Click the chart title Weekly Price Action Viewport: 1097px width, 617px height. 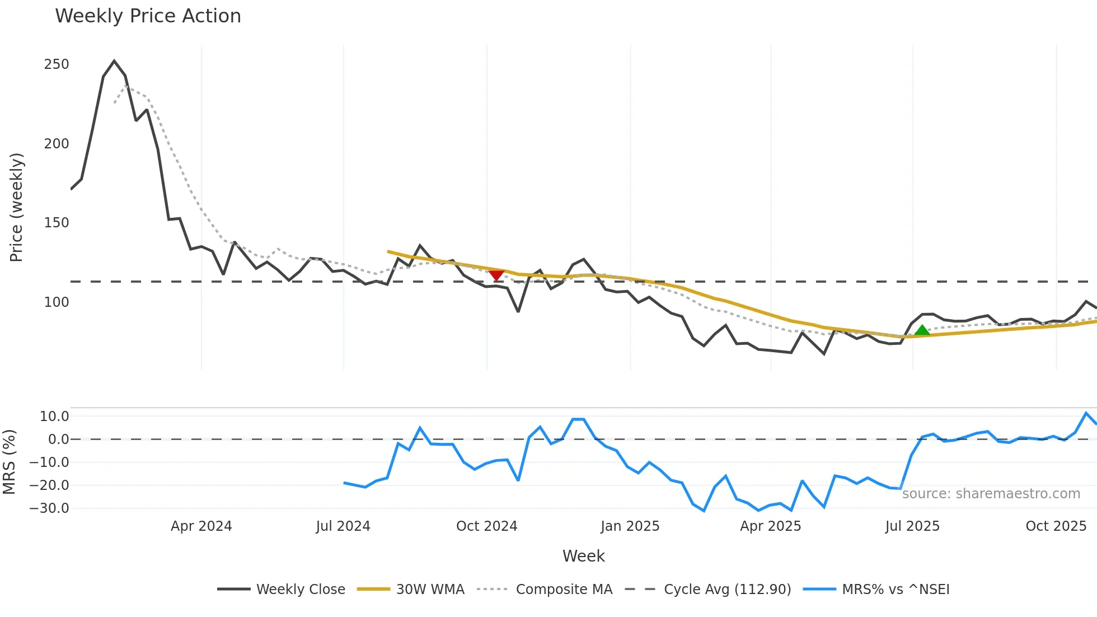point(148,16)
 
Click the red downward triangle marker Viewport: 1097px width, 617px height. point(496,275)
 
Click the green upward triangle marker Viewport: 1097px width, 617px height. point(922,330)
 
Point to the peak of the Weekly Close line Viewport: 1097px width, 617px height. point(114,61)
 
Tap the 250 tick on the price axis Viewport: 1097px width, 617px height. point(57,64)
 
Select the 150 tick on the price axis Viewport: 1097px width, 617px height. point(57,223)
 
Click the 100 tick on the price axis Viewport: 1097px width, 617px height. point(57,302)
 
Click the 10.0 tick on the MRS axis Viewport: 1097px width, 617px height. point(54,417)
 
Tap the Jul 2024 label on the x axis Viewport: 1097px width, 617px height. point(343,526)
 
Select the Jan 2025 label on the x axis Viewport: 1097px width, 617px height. point(630,526)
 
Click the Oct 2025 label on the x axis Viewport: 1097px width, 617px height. point(1056,526)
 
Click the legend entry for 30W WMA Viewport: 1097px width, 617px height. point(430,590)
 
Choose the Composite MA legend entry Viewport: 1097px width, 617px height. point(564,590)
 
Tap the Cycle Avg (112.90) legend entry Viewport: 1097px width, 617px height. point(727,590)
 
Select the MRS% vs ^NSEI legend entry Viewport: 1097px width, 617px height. point(896,590)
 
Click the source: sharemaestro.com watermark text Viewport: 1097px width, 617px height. point(991,494)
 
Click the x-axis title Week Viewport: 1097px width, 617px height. point(583,556)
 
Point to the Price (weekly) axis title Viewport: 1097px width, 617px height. point(16,207)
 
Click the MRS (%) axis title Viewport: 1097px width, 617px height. point(9,462)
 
